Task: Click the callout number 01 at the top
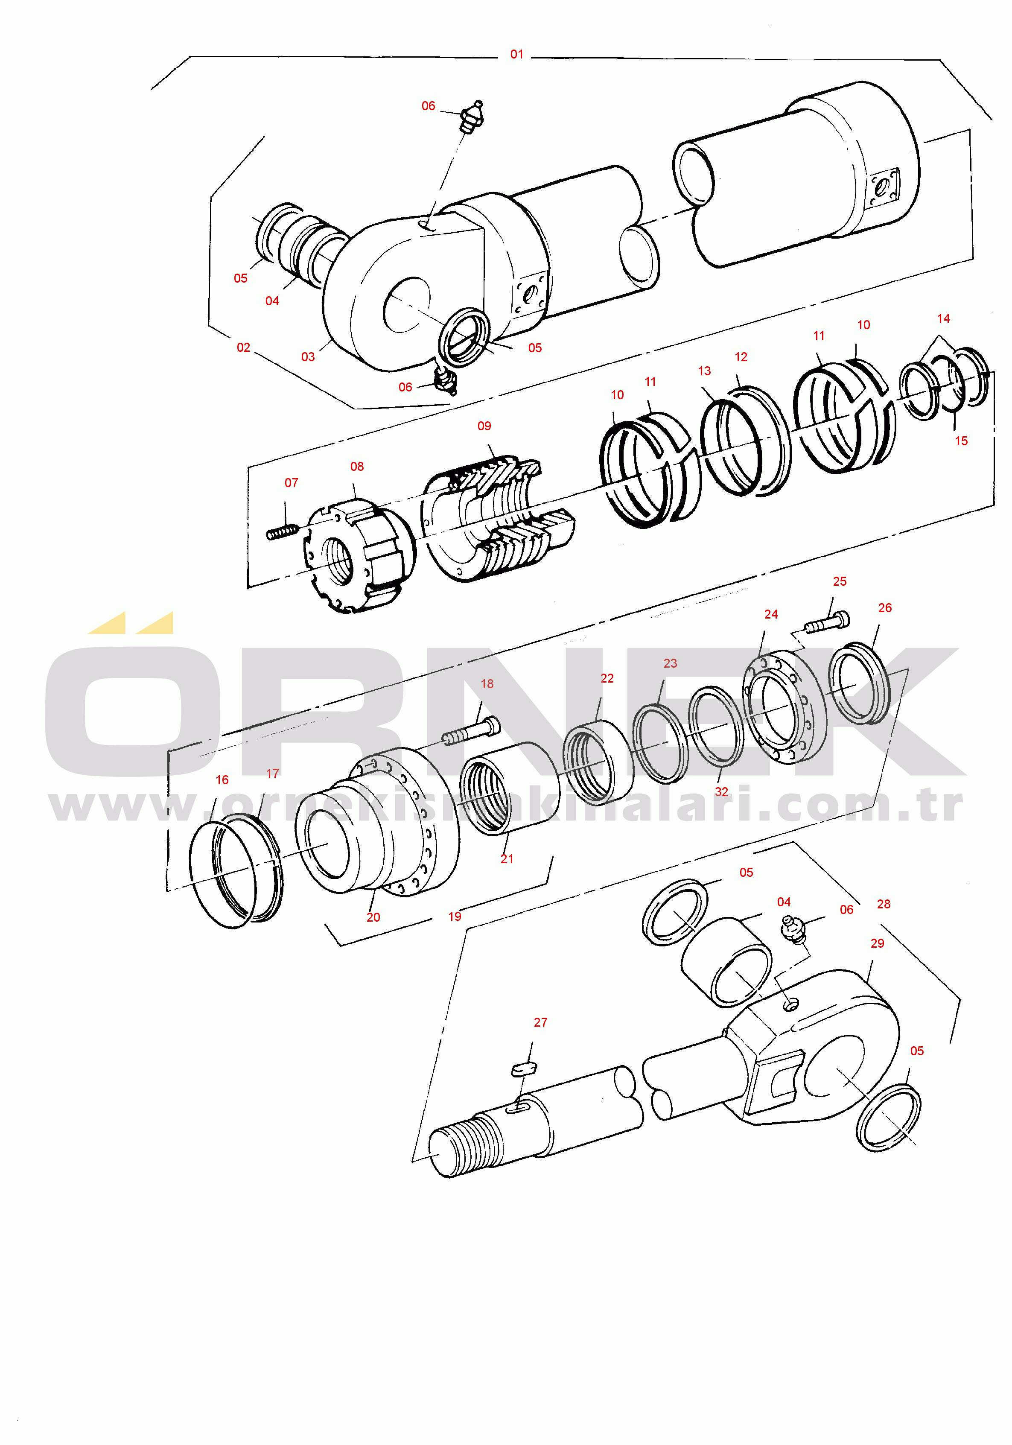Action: point(517,55)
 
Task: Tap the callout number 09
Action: point(484,426)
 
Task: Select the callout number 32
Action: point(721,792)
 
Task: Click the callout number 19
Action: point(455,917)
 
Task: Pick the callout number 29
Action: point(877,943)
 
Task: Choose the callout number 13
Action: point(704,371)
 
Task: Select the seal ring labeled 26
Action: point(860,683)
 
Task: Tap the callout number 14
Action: point(943,318)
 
